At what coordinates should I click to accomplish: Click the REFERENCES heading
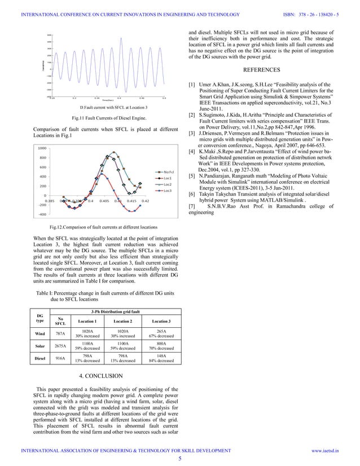pos(269,71)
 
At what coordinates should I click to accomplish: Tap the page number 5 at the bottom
pos(180,459)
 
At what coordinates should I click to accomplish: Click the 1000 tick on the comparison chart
pos(42,148)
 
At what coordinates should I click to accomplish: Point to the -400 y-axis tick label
pos(42,215)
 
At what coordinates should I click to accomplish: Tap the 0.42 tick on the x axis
pos(145,200)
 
